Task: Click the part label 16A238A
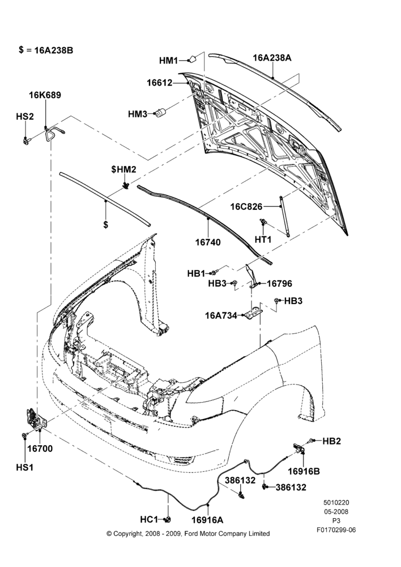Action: pos(272,58)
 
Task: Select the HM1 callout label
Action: pos(168,61)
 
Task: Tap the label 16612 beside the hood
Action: pos(159,83)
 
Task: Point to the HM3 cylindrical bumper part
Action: pos(160,112)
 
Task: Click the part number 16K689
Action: pos(45,95)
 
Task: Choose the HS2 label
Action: pos(25,116)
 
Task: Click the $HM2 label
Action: pos(124,169)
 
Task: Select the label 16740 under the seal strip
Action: pos(208,242)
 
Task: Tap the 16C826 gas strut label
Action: pos(246,207)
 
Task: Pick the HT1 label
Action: pos(263,239)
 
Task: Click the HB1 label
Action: pos(196,274)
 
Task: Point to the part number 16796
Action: pos(280,283)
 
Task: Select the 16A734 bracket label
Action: pos(221,316)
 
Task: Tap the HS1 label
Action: pos(24,467)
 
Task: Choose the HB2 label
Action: pos(331,441)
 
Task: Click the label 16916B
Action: pos(304,472)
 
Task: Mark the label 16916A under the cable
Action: pos(207,520)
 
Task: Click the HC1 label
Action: pos(149,519)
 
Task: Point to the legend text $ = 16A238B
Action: pos(46,50)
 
